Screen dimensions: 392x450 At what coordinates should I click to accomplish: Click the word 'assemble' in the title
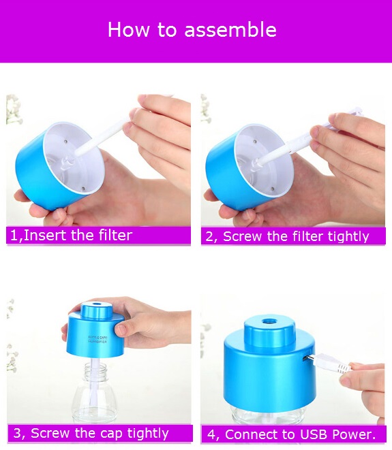[230, 29]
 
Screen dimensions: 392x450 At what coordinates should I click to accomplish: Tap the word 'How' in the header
[128, 29]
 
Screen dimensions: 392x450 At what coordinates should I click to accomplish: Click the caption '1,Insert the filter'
[71, 236]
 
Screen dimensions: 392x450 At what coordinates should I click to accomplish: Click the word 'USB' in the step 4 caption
[314, 434]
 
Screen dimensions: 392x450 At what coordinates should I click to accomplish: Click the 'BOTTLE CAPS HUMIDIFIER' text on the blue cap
[97, 339]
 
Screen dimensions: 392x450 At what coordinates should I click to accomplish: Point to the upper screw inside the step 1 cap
[65, 142]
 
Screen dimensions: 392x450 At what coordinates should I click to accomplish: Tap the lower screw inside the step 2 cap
[273, 189]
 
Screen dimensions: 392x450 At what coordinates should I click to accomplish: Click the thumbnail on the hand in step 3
[121, 330]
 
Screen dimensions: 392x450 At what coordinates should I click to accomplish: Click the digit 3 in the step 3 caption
[17, 434]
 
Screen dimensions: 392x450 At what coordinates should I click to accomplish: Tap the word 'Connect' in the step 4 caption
[245, 434]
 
